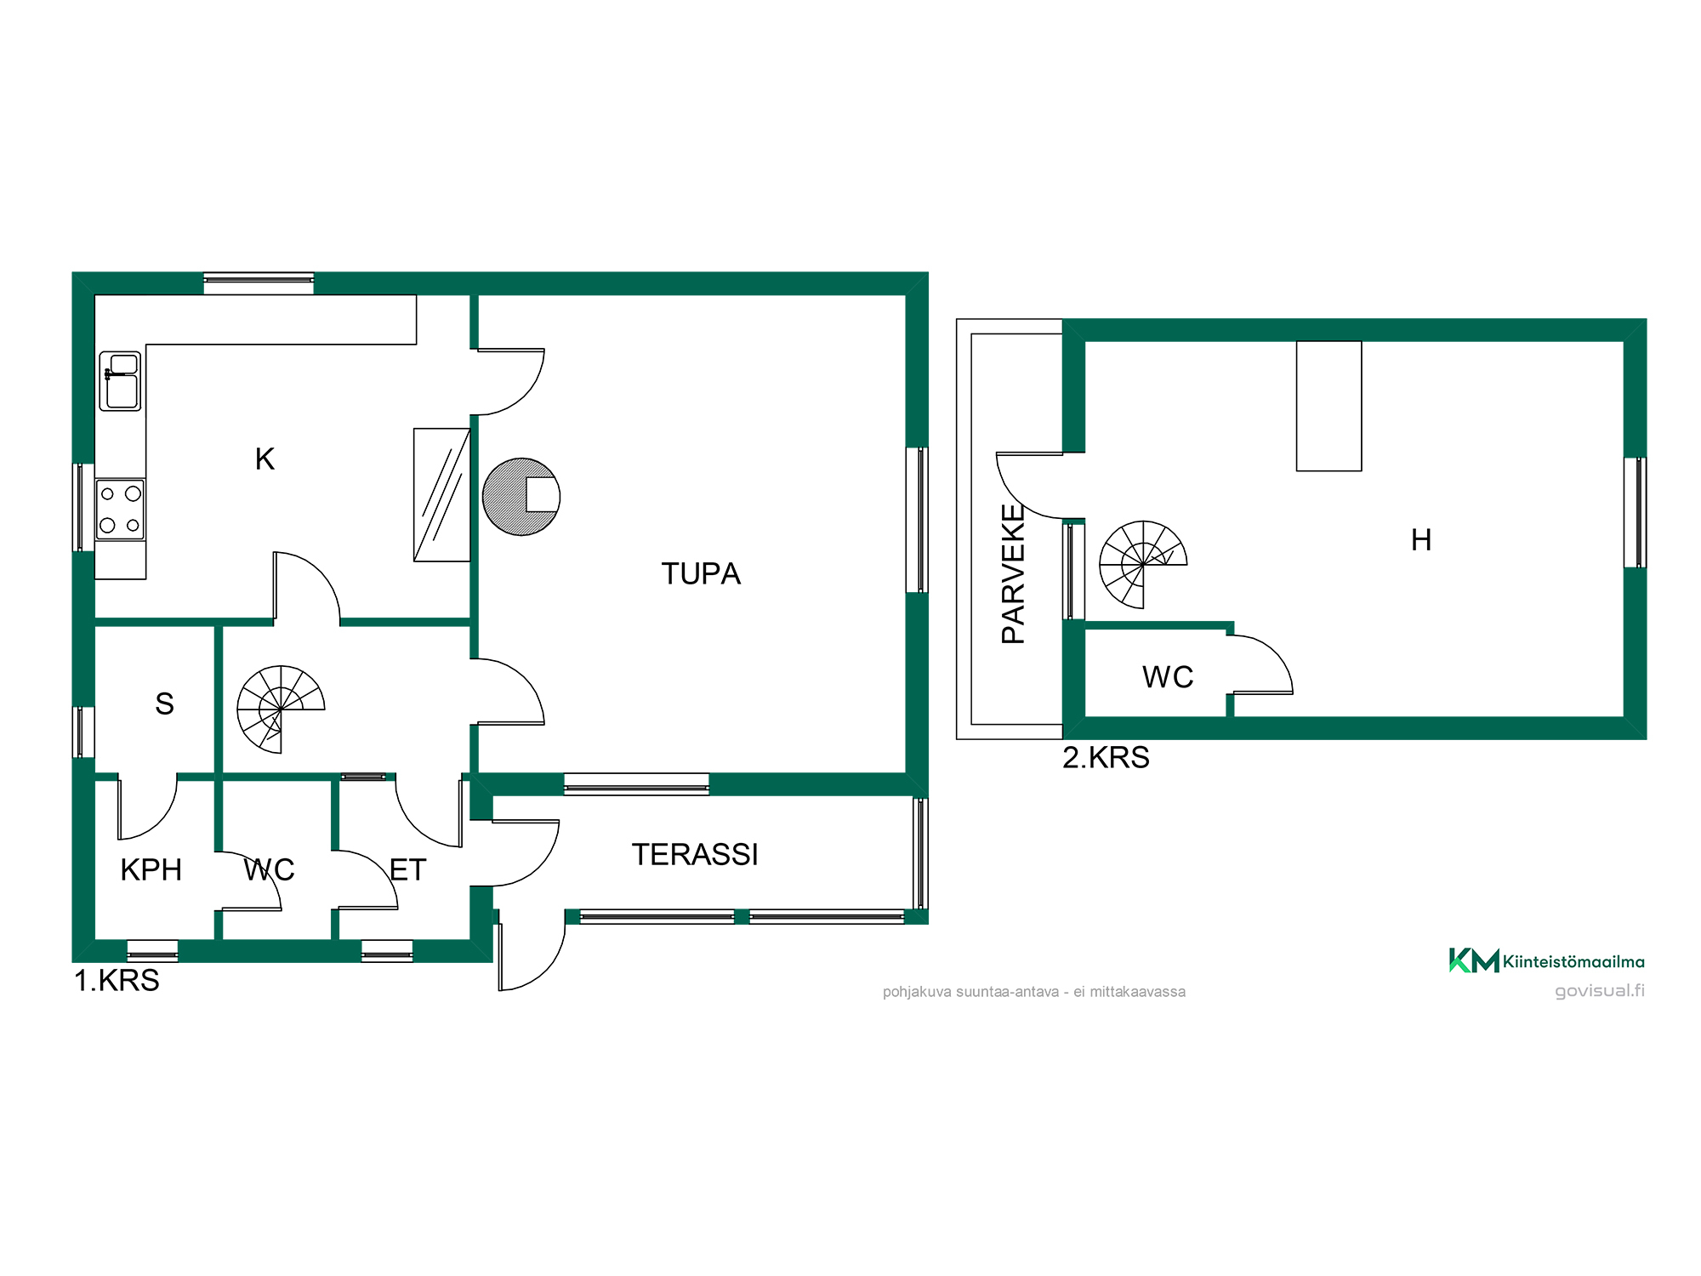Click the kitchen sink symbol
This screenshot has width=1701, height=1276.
tap(120, 381)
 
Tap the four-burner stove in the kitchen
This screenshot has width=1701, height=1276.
tap(120, 510)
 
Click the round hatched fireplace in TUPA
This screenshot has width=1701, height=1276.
tap(521, 497)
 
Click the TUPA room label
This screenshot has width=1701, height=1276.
tap(701, 574)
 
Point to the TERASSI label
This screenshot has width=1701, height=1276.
tap(695, 855)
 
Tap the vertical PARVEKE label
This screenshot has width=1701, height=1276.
tap(1013, 573)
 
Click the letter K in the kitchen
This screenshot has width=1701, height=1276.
tap(265, 459)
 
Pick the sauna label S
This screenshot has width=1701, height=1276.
tap(164, 704)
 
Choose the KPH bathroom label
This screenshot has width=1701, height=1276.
tap(151, 870)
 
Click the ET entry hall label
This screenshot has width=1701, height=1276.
tap(407, 870)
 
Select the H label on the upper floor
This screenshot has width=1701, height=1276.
tap(1421, 540)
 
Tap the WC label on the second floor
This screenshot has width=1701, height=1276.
tap(1168, 677)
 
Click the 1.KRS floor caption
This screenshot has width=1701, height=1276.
tap(117, 981)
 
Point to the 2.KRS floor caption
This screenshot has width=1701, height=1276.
tap(1106, 757)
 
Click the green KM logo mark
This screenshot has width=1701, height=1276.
tap(1474, 960)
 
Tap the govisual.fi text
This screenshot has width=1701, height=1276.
tap(1600, 991)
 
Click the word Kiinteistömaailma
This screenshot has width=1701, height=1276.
tap(1573, 962)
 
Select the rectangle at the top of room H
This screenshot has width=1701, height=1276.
tap(1328, 406)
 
